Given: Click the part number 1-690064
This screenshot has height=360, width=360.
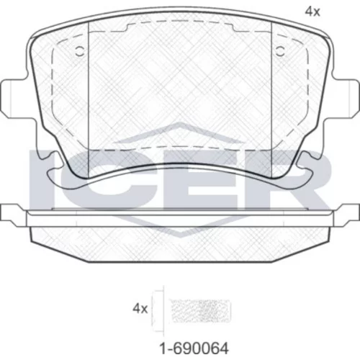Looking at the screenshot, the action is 194,348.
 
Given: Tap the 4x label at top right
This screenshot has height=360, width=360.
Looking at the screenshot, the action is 312,12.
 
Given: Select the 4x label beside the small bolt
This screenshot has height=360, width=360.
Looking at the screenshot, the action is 140,308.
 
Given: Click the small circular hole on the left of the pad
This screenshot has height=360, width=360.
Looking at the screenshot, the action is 80,51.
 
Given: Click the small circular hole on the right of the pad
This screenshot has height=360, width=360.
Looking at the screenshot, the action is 280,51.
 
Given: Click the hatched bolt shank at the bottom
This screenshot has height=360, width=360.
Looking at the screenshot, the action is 199,311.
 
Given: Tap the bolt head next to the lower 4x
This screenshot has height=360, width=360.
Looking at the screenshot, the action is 158,311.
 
